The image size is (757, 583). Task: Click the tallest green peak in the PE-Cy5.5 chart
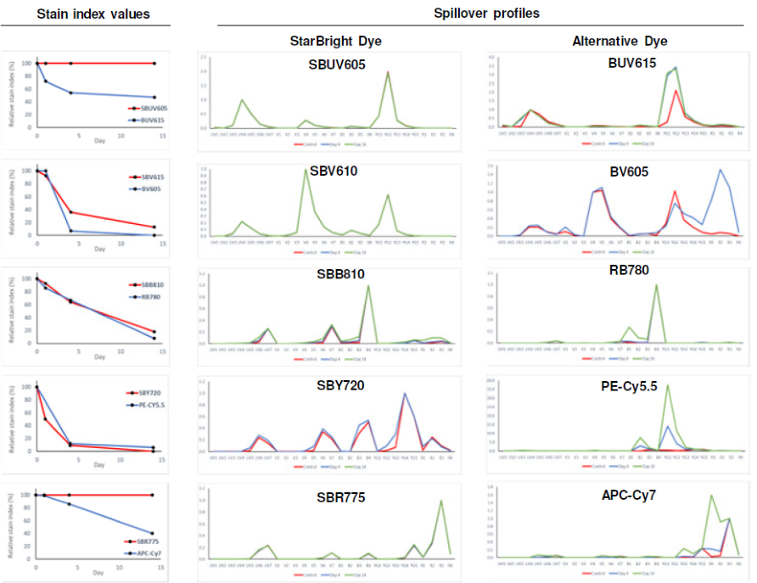pyautogui.click(x=667, y=385)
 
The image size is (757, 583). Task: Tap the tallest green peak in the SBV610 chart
pyautogui.click(x=306, y=170)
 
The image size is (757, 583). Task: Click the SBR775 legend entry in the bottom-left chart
pyautogui.click(x=143, y=540)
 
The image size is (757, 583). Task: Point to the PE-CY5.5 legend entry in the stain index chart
pyautogui.click(x=146, y=406)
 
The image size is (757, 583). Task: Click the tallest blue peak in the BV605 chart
pyautogui.click(x=721, y=170)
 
